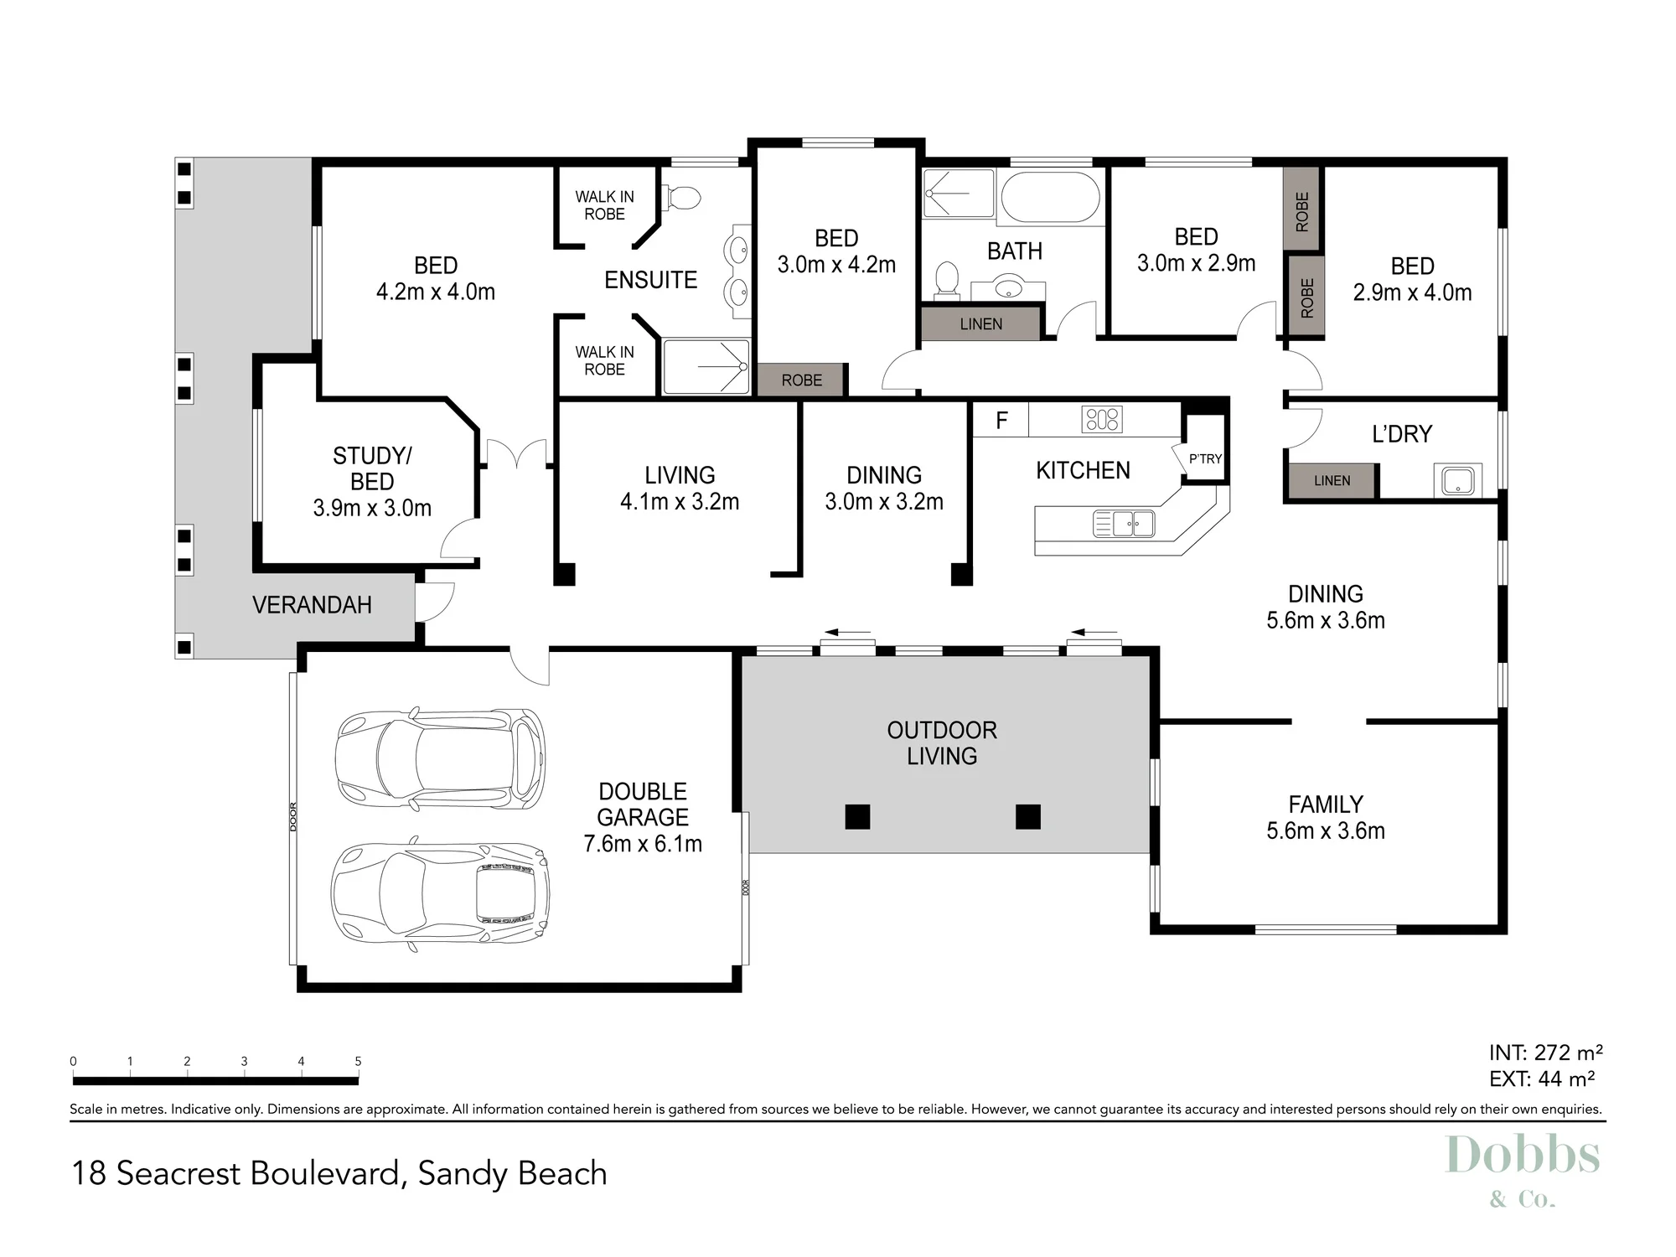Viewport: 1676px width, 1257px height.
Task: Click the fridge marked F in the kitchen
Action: (x=1001, y=420)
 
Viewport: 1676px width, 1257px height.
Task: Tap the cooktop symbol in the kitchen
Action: (x=1102, y=419)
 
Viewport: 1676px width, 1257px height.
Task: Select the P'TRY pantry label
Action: (x=1205, y=458)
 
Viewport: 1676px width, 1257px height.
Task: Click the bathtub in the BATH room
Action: (x=1051, y=197)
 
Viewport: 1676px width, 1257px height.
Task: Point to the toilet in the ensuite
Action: (x=682, y=199)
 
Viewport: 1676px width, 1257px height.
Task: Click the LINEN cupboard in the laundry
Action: (x=1332, y=481)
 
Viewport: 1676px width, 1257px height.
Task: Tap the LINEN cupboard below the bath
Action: (x=980, y=323)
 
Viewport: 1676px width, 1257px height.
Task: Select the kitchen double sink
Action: (x=1124, y=524)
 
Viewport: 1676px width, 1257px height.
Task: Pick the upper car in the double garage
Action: (x=440, y=759)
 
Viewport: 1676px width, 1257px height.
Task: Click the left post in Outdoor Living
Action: (x=857, y=816)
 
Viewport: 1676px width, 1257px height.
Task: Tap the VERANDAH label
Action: (x=312, y=605)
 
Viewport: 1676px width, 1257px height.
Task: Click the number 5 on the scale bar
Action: (x=358, y=1061)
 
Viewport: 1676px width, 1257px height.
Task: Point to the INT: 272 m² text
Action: (x=1545, y=1053)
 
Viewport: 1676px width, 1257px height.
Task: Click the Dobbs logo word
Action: (x=1523, y=1156)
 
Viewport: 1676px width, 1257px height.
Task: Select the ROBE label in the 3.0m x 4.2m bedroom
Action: (x=802, y=380)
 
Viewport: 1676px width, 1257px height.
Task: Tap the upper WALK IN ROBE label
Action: (x=604, y=205)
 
